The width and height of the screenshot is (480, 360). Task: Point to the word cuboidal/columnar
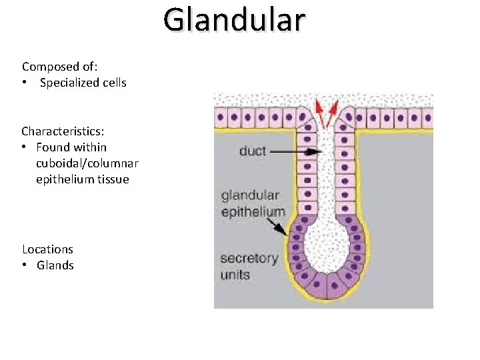pyautogui.click(x=87, y=163)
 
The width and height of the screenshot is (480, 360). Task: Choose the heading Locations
pyautogui.click(x=47, y=249)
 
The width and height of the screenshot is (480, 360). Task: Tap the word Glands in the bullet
pyautogui.click(x=55, y=265)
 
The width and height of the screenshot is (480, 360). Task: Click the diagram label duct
pyautogui.click(x=252, y=151)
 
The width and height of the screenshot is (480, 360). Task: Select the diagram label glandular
pyautogui.click(x=250, y=196)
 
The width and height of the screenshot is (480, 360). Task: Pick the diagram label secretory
pyautogui.click(x=249, y=259)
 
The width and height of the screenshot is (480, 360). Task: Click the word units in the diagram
pyautogui.click(x=235, y=274)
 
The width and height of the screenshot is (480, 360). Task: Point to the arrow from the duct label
pyautogui.click(x=297, y=152)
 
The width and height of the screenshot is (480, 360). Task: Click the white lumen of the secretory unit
pyautogui.click(x=327, y=247)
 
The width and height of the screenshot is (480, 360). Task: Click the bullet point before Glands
pyautogui.click(x=24, y=265)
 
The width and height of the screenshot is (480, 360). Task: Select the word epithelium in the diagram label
pyautogui.click(x=253, y=212)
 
